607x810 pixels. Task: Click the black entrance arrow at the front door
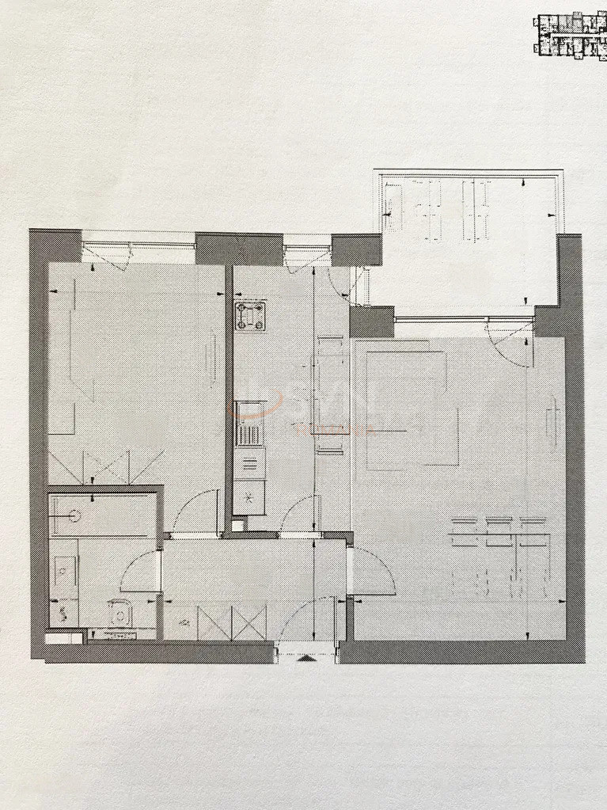coord(306,657)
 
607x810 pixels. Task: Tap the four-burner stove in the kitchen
coord(250,315)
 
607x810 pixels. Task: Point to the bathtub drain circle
coord(74,515)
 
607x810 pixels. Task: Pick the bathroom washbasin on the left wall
coord(63,569)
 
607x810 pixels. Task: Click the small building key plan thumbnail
coord(570,36)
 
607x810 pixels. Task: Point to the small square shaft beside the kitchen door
coord(237,523)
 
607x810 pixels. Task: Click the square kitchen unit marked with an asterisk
coord(249,498)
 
